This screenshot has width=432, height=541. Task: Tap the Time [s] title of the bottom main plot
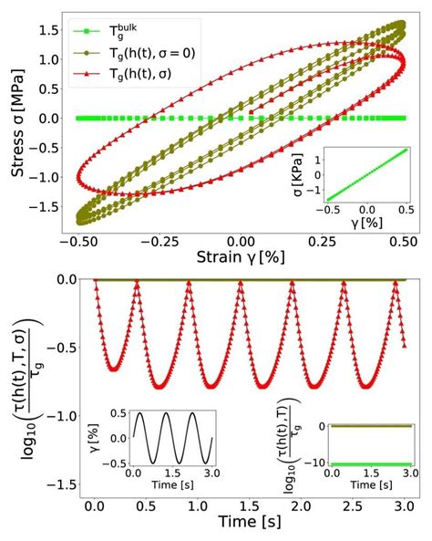(x=248, y=524)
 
